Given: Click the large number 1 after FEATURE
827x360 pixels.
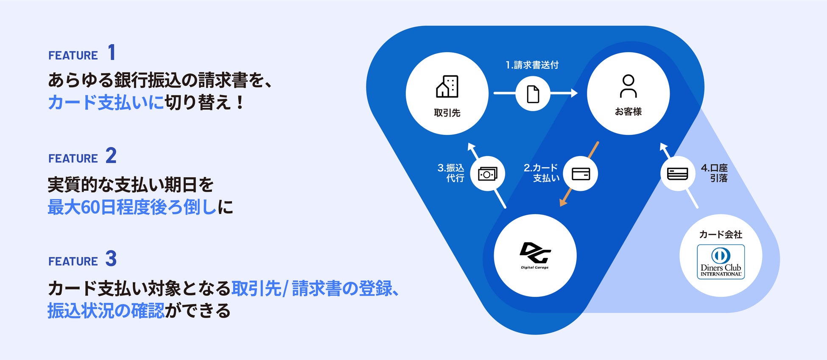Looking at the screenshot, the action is coord(112,53).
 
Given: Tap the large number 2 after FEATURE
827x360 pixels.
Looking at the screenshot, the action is coord(111,156).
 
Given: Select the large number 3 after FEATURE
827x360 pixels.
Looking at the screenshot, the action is coord(111,259).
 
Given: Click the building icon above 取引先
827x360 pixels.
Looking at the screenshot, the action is coord(447,87).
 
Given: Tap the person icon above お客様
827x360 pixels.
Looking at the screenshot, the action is coord(628,86).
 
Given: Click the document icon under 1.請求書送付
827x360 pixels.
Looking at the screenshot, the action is coord(533,94).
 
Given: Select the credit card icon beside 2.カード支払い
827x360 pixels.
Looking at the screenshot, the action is coord(581,174).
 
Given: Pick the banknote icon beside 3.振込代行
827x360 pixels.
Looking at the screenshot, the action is coord(488,174).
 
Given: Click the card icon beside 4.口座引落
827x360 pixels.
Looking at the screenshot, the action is coord(677,174).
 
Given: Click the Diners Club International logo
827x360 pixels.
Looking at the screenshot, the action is coord(721,262).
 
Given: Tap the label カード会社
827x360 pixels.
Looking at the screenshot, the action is coord(721,234).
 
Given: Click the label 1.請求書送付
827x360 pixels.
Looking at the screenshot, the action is coord(532,65).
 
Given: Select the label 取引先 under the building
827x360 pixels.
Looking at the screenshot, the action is coord(447,113).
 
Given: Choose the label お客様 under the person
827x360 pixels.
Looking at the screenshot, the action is coord(628,112).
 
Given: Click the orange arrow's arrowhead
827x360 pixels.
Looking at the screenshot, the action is coord(563,202).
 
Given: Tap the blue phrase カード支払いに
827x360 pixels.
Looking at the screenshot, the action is coord(106,102).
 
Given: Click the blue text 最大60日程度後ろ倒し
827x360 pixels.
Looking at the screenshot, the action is coord(132,207).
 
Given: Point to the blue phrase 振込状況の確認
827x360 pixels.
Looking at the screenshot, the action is coord(106,310).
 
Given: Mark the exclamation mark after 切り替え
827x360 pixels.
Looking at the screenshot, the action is coord(240,102).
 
